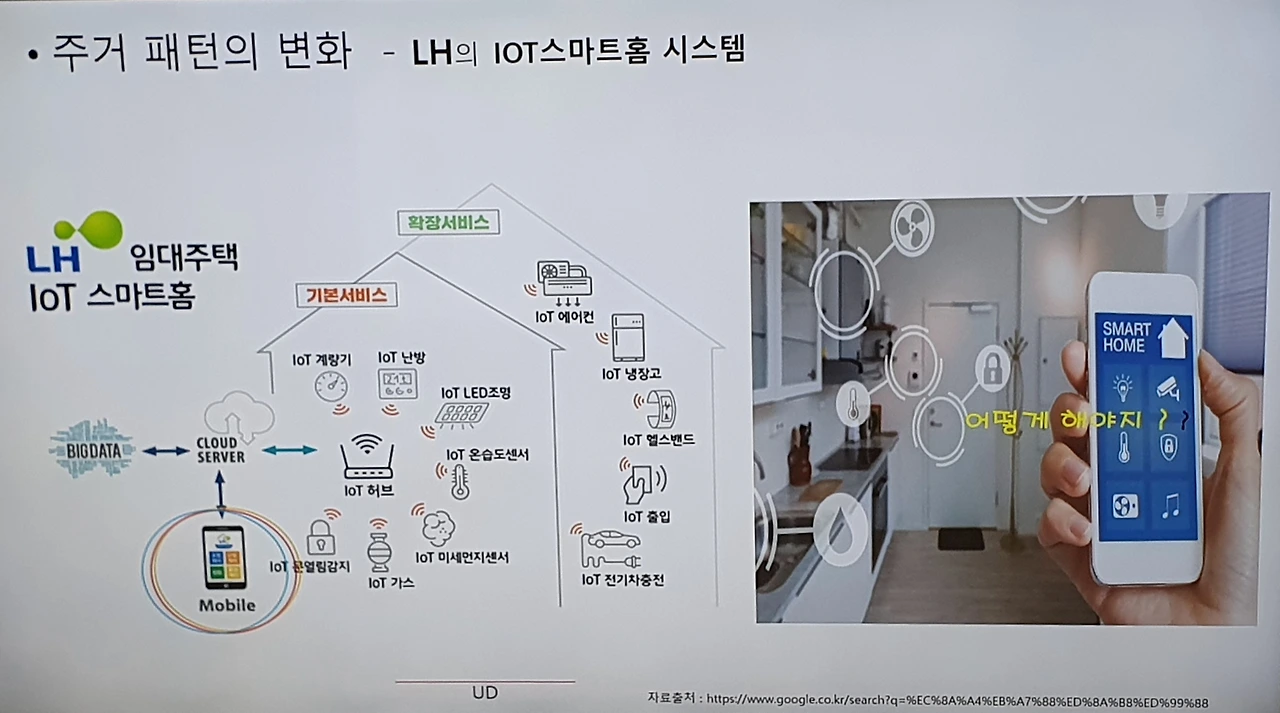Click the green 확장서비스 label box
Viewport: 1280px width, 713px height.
pos(448,222)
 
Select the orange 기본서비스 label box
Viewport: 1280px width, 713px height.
pos(346,295)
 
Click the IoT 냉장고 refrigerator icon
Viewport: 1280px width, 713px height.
pos(628,337)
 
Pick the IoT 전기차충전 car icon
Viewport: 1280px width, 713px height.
pos(611,546)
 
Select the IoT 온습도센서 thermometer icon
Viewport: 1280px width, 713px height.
pos(460,481)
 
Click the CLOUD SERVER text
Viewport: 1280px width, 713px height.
pos(219,449)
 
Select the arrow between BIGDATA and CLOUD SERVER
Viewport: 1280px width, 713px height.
pos(166,451)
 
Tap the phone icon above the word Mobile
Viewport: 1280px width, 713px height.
pos(224,556)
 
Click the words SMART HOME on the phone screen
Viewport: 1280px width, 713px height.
pos(1127,337)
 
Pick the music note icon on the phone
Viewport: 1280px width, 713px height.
pos(1169,506)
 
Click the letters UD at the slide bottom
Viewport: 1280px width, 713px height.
pos(484,692)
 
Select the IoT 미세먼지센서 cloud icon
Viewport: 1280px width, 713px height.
pos(437,524)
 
